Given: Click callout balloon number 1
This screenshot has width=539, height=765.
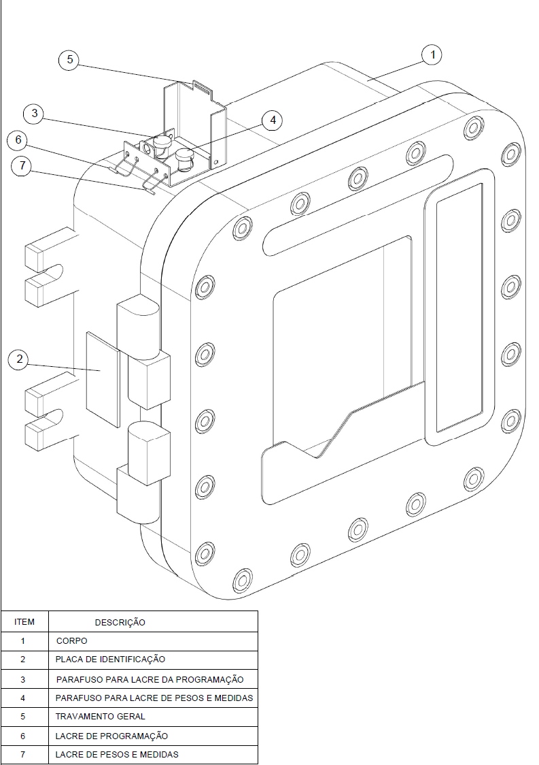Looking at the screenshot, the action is click(432, 54).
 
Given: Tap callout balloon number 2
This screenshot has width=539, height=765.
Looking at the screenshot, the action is click(19, 359).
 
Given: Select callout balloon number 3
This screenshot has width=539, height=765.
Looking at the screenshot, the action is click(34, 113).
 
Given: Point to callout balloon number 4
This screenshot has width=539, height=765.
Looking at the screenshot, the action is click(273, 120).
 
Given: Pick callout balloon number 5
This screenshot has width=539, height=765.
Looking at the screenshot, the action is click(70, 59).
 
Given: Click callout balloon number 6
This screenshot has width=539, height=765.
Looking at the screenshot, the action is click(18, 140).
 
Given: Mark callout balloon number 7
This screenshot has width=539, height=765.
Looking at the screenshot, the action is click(22, 166).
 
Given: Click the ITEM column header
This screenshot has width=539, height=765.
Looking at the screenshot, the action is click(24, 621).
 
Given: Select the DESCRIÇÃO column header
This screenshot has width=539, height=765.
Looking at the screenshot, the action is click(120, 623).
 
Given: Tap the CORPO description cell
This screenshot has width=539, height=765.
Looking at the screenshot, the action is click(71, 641).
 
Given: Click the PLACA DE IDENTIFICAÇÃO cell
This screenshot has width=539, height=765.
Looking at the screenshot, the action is click(110, 660).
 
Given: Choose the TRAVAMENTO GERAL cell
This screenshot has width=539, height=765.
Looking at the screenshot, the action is click(100, 717).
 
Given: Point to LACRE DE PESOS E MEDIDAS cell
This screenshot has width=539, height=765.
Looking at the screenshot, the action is click(116, 755).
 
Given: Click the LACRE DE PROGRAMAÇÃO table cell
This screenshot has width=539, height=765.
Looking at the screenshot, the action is click(111, 736).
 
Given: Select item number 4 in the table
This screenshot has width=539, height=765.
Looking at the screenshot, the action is click(22, 698).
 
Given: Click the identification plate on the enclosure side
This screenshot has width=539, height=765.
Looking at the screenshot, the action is click(103, 380).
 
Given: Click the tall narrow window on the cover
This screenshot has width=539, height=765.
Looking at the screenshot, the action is click(459, 308).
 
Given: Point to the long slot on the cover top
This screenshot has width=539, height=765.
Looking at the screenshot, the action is click(358, 205).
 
